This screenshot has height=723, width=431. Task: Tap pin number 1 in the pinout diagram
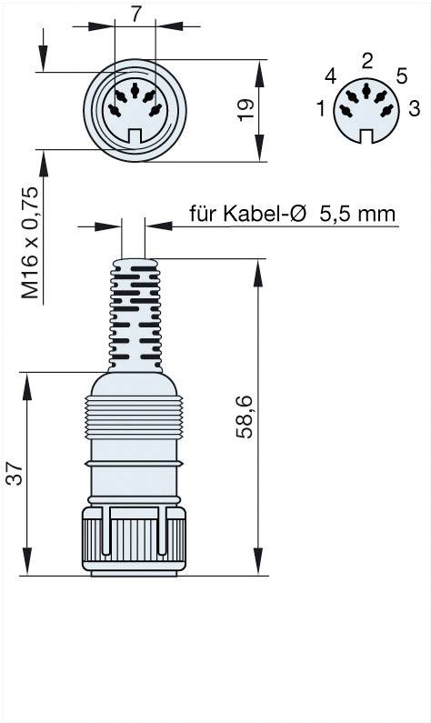(x=321, y=110)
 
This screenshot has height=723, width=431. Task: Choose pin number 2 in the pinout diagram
(x=366, y=62)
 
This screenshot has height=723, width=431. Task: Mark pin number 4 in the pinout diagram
(x=330, y=76)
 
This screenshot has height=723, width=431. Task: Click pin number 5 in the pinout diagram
(x=401, y=76)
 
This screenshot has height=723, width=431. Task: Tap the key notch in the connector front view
(x=135, y=137)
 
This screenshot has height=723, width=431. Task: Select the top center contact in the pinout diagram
(x=366, y=91)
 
